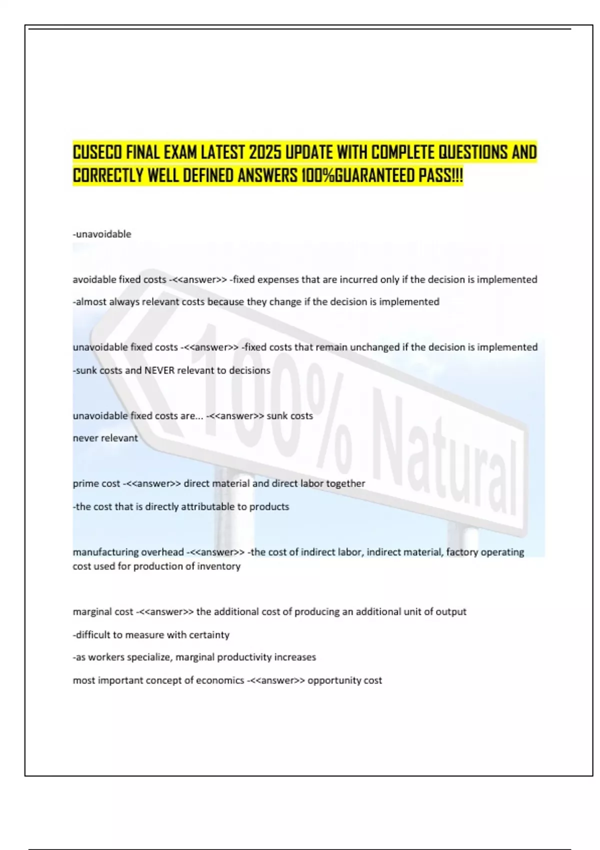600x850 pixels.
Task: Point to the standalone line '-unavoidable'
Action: [x=102, y=234]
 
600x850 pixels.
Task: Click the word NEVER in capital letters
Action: [x=159, y=370]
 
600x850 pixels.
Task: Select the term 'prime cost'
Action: [x=96, y=483]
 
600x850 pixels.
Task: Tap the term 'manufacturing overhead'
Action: [x=128, y=552]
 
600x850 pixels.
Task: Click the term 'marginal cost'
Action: [x=103, y=611]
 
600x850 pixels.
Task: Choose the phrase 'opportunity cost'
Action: [x=344, y=680]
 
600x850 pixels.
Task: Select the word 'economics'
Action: [x=220, y=680]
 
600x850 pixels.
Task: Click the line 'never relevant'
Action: [x=105, y=438]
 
